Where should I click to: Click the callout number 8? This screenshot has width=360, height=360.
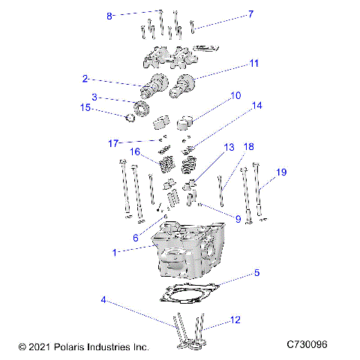pyautogui.click(x=109, y=16)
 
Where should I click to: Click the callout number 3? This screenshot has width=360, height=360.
pyautogui.click(x=94, y=97)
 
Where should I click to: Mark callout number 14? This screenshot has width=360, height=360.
pyautogui.click(x=256, y=106)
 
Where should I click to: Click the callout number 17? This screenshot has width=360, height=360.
pyautogui.click(x=113, y=142)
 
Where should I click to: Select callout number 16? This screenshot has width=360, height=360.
pyautogui.click(x=134, y=152)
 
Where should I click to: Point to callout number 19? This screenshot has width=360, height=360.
pyautogui.click(x=281, y=172)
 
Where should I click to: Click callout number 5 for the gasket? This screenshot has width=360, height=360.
pyautogui.click(x=256, y=273)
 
